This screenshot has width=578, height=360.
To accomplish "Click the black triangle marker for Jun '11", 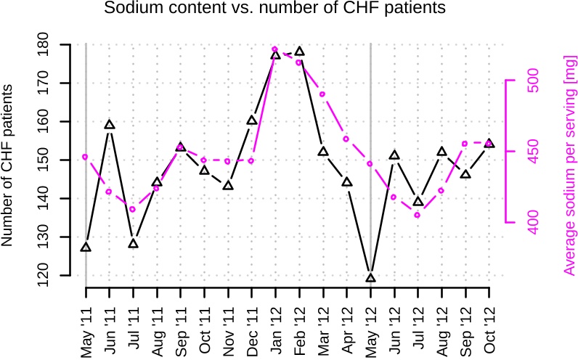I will point(110,125).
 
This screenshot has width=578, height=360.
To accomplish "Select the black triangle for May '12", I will point(370,278).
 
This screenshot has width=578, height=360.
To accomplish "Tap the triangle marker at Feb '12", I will point(299,52).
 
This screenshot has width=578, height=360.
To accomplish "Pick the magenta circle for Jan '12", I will point(275,49).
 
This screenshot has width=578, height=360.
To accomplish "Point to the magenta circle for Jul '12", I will point(418,215).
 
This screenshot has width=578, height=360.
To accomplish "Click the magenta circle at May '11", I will point(86,157).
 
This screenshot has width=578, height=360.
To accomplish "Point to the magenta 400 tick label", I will point(532,222).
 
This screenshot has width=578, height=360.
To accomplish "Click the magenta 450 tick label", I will point(532,151).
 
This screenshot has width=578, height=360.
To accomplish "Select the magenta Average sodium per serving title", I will point(569,175).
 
